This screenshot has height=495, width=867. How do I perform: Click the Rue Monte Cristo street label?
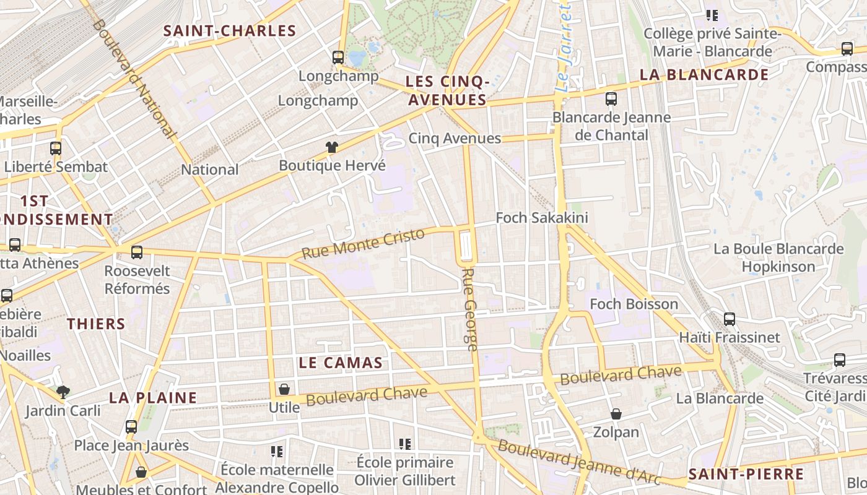pos(364,243)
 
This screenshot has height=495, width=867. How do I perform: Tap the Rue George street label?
pos(471,309)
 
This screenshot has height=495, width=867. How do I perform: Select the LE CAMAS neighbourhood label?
pos(341,363)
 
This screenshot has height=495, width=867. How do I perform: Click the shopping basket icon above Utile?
pos(284,389)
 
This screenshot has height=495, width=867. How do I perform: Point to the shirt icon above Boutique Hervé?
pos(332,147)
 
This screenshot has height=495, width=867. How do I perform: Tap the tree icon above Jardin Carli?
pos(63,392)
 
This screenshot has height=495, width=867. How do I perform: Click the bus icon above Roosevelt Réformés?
pos(137,252)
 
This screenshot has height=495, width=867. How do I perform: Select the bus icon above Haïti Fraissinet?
pos(730,319)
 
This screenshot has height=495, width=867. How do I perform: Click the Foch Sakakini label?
pos(542,218)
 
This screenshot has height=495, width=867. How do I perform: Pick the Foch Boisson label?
pos(634,304)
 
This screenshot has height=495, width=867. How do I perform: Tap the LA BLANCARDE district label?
pos(704,75)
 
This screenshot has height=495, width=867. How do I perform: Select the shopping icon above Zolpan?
pos(616,414)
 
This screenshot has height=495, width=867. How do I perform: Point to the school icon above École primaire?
pos(405,444)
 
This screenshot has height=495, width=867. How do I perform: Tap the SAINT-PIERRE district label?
pos(746,475)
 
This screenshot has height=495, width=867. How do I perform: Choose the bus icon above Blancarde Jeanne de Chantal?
pos(611,98)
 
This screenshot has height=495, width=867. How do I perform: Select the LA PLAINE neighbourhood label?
pos(153,398)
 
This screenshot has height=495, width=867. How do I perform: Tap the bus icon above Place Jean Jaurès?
pos(131,427)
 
